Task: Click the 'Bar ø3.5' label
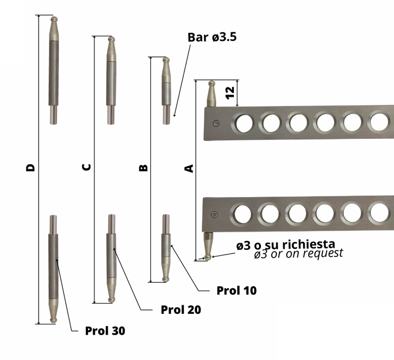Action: (212, 37)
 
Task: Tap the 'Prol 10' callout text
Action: (236, 291)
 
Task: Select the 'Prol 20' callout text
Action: (181, 310)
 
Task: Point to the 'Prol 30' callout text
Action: (105, 331)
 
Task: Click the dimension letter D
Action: (31, 168)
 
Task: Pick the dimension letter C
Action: (86, 167)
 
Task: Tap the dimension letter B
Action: (143, 168)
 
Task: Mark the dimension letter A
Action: (189, 168)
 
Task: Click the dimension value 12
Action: (230, 93)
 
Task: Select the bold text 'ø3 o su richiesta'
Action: (286, 244)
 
